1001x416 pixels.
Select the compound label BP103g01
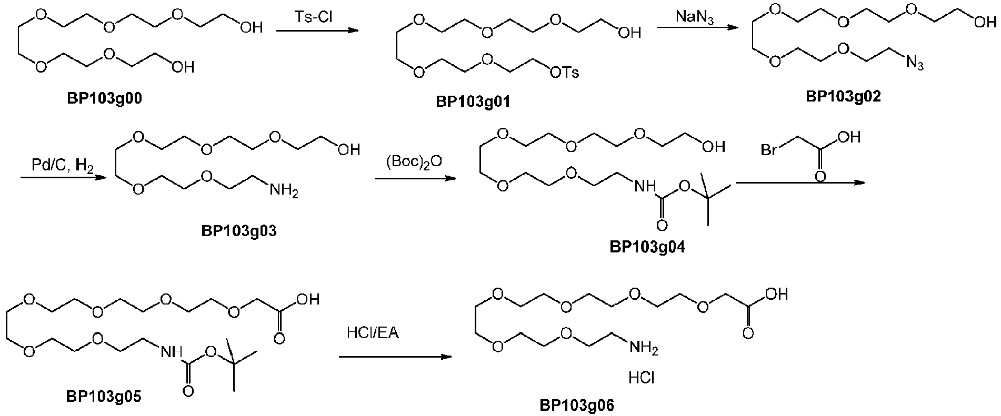click(x=473, y=102)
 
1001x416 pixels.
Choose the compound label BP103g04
click(x=648, y=247)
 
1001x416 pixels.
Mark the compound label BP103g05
click(x=103, y=396)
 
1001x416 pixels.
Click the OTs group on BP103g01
click(x=564, y=72)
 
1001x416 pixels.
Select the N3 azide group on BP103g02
click(x=914, y=63)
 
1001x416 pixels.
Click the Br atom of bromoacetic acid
click(x=769, y=150)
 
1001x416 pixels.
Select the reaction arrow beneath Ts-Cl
click(x=317, y=31)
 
